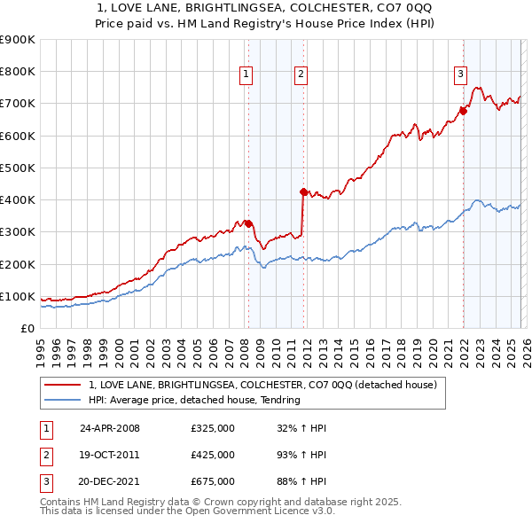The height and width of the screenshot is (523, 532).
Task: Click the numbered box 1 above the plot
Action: click(x=245, y=75)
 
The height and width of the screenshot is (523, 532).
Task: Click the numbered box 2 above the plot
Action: click(x=301, y=75)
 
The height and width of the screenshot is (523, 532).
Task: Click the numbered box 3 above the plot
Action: click(x=461, y=75)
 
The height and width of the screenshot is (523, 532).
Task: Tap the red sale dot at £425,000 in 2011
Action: click(x=303, y=191)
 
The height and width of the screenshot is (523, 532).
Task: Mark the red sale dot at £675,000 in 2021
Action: click(x=463, y=111)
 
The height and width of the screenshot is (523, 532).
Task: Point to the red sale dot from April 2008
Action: click(x=248, y=223)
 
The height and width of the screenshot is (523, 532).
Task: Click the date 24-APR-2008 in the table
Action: click(x=110, y=428)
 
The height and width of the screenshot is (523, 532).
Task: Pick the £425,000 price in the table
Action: click(x=213, y=455)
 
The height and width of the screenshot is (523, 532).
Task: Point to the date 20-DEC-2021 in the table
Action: click(x=110, y=481)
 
